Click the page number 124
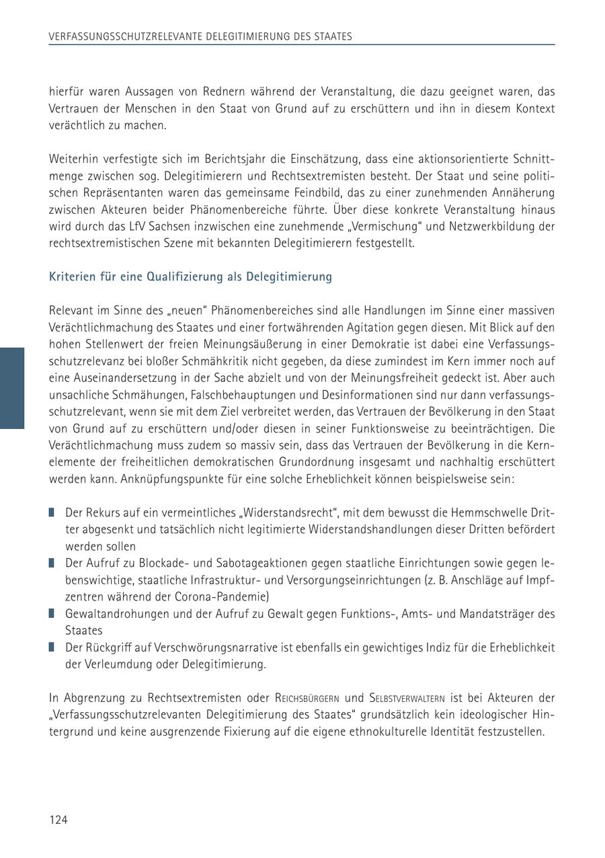tap(58, 820)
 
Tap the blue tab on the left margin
tap(12, 388)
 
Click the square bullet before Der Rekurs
tap(52, 512)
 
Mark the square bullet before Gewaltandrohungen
tap(52, 613)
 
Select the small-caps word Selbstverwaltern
tap(407, 699)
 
